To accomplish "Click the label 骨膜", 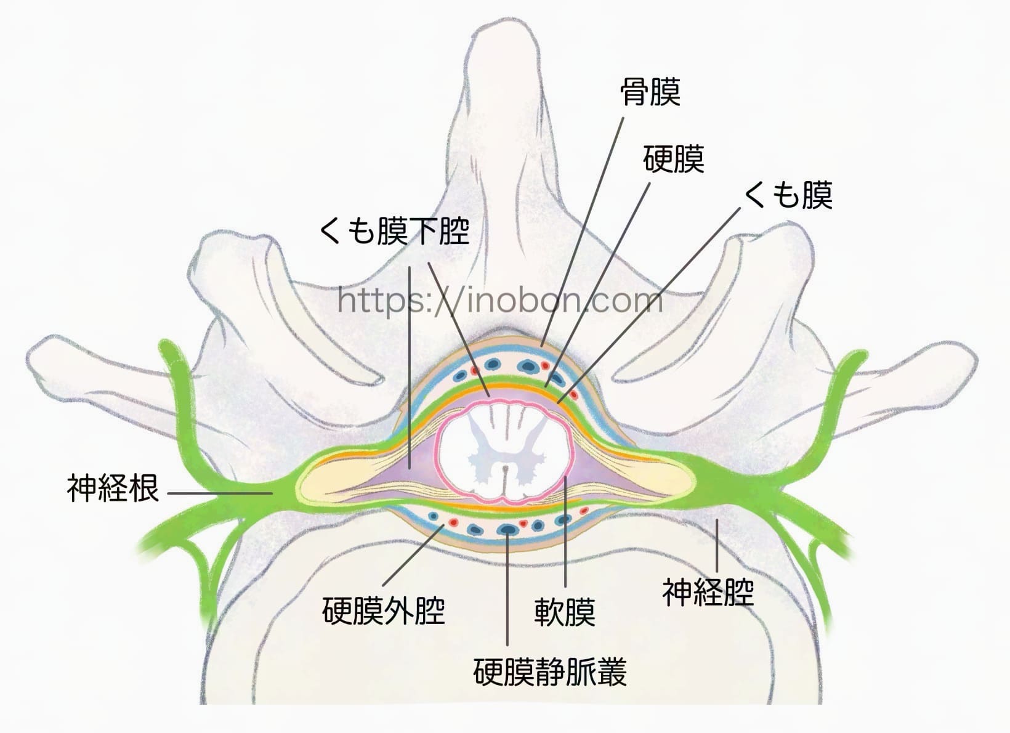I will (650, 92).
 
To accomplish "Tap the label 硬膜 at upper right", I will (673, 159).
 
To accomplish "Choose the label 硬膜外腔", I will (383, 610).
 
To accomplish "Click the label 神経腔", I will (708, 592).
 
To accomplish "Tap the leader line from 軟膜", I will (565, 530).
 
